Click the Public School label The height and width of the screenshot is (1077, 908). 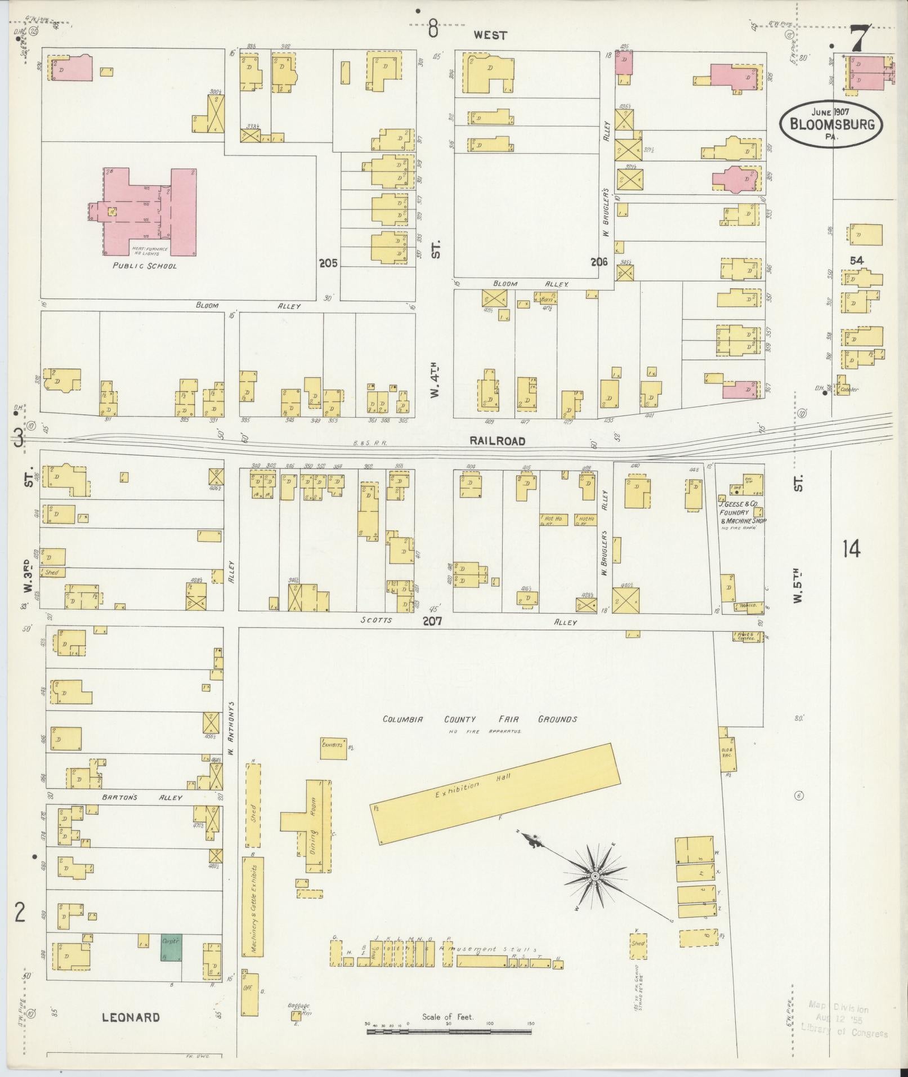[144, 266]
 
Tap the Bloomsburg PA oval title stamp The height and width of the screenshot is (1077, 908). [831, 124]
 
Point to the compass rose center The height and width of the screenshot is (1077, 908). [594, 893]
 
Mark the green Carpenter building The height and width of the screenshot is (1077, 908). [171, 948]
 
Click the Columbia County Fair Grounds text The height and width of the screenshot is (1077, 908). [480, 719]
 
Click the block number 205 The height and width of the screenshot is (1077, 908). [328, 263]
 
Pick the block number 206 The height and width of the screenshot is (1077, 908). [599, 261]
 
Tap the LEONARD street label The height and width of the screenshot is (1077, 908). [131, 1017]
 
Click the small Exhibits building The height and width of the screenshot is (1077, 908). [333, 744]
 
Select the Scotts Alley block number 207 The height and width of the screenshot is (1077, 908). [432, 622]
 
